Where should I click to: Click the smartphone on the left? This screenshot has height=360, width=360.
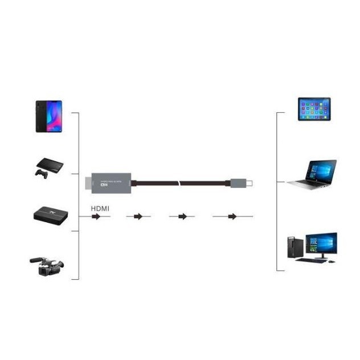[x=48, y=116]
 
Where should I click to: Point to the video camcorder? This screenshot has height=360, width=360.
[x=47, y=265]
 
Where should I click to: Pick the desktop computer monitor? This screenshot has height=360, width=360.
[x=321, y=244]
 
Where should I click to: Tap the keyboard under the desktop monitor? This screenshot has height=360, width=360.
[x=312, y=260]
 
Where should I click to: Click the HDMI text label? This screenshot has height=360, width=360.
[x=100, y=208]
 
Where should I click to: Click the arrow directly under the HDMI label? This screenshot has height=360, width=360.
[x=96, y=217]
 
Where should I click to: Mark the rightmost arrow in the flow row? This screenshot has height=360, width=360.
[x=232, y=217]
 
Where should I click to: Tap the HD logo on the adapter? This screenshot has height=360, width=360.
[x=104, y=185]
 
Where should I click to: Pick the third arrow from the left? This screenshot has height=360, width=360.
[x=182, y=217]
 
